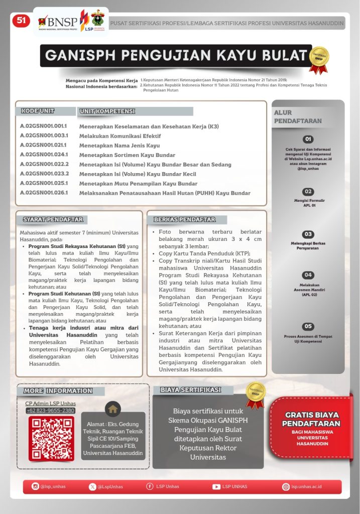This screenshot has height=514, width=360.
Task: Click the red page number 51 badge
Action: (x=22, y=20)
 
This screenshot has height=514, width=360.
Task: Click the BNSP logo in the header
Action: (x=57, y=21)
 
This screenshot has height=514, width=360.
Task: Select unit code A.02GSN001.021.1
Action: (x=44, y=145)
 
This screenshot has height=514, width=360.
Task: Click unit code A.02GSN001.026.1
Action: (x=44, y=193)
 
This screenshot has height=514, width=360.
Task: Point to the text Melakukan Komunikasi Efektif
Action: (x=119, y=136)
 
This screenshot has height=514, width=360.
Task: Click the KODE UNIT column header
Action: (x=37, y=111)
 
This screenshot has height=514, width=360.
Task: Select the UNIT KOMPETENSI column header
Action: (x=107, y=111)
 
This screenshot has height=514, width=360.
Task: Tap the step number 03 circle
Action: (x=308, y=234)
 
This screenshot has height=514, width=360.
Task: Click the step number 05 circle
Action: (x=308, y=326)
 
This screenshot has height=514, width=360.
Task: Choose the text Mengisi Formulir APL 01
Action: (x=309, y=203)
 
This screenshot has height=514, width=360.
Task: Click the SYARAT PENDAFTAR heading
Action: (x=52, y=219)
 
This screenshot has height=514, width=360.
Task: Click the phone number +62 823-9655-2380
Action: (x=51, y=411)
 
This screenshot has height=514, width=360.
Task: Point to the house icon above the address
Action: (x=113, y=408)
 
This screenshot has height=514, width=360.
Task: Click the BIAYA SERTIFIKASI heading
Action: (x=190, y=390)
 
